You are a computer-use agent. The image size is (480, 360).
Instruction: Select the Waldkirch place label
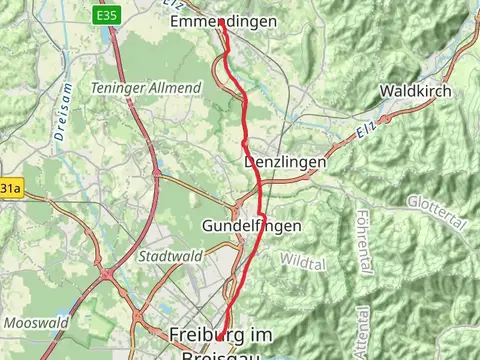point(415,91)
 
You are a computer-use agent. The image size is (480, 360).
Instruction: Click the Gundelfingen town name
point(251,226)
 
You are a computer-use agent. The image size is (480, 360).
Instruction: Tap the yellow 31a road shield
point(10,188)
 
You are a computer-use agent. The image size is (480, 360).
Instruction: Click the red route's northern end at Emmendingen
point(222,21)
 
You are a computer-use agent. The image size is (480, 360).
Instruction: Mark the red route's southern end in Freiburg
point(220,340)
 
